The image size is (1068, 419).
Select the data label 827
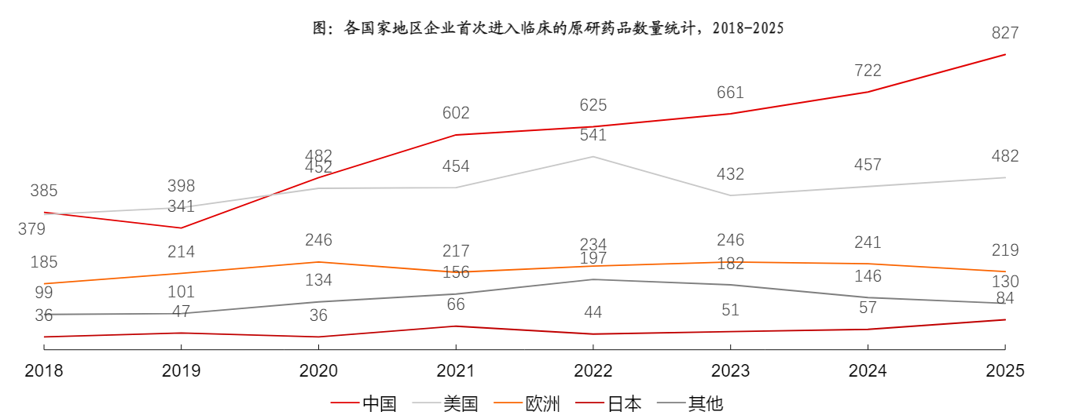point(1005,33)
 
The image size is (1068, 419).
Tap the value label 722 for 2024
point(868,71)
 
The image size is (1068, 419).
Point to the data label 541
point(593,135)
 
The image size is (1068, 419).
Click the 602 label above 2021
point(456,113)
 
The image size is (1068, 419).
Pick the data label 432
point(730,174)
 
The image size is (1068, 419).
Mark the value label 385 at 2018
point(44,191)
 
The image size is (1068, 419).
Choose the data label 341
point(181,207)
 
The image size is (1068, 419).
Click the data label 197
point(593,259)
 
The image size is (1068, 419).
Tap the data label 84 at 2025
point(1005,298)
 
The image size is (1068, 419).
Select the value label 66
point(456,304)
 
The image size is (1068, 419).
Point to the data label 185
point(44,262)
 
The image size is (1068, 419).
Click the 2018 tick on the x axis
point(44,371)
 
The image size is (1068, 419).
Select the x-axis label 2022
point(593,371)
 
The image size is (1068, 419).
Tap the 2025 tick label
point(1005,371)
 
